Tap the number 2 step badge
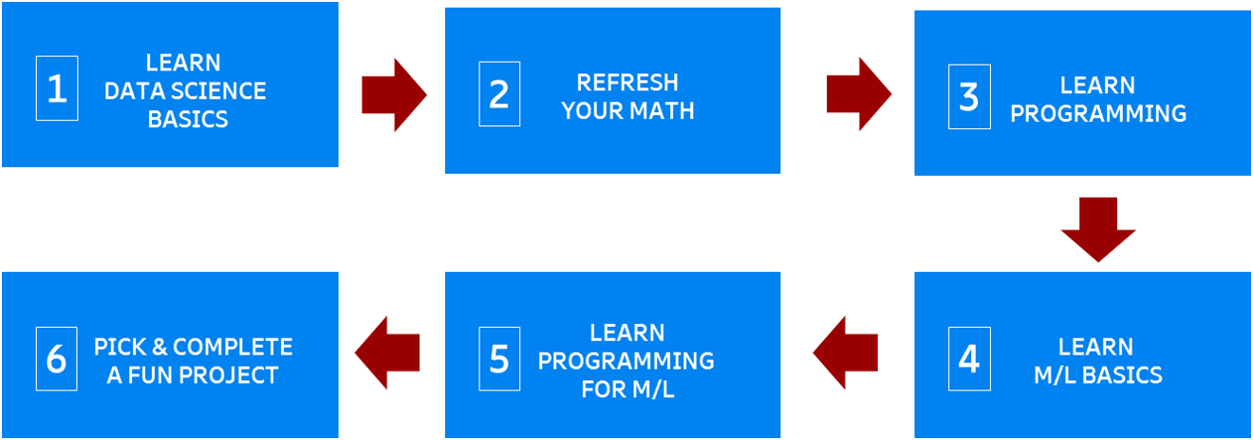pos(499,94)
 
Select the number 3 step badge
pos(968,97)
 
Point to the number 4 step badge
pos(968,359)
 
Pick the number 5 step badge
pos(499,359)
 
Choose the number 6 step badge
pos(57,359)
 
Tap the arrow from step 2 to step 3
pos(859,94)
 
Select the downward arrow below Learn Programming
pos(1098,229)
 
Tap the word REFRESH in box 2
pos(627,83)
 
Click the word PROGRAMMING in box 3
pos(1098,114)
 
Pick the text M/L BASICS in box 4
pos(1098,375)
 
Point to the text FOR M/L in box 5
pos(627,390)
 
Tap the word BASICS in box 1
pos(188,120)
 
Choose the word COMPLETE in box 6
pos(234,347)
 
